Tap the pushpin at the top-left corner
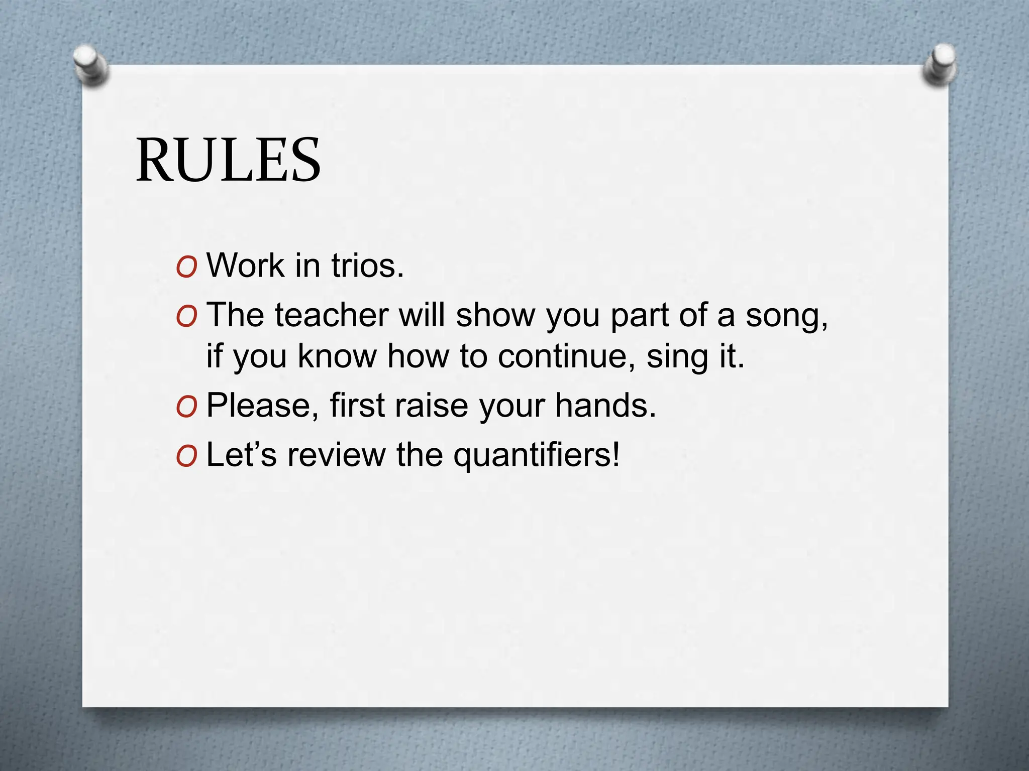90,64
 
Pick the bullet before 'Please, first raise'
186,407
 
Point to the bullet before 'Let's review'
186,457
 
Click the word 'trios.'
367,266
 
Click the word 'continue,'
566,356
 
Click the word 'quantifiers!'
537,456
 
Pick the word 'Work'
246,266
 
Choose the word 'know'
337,356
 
